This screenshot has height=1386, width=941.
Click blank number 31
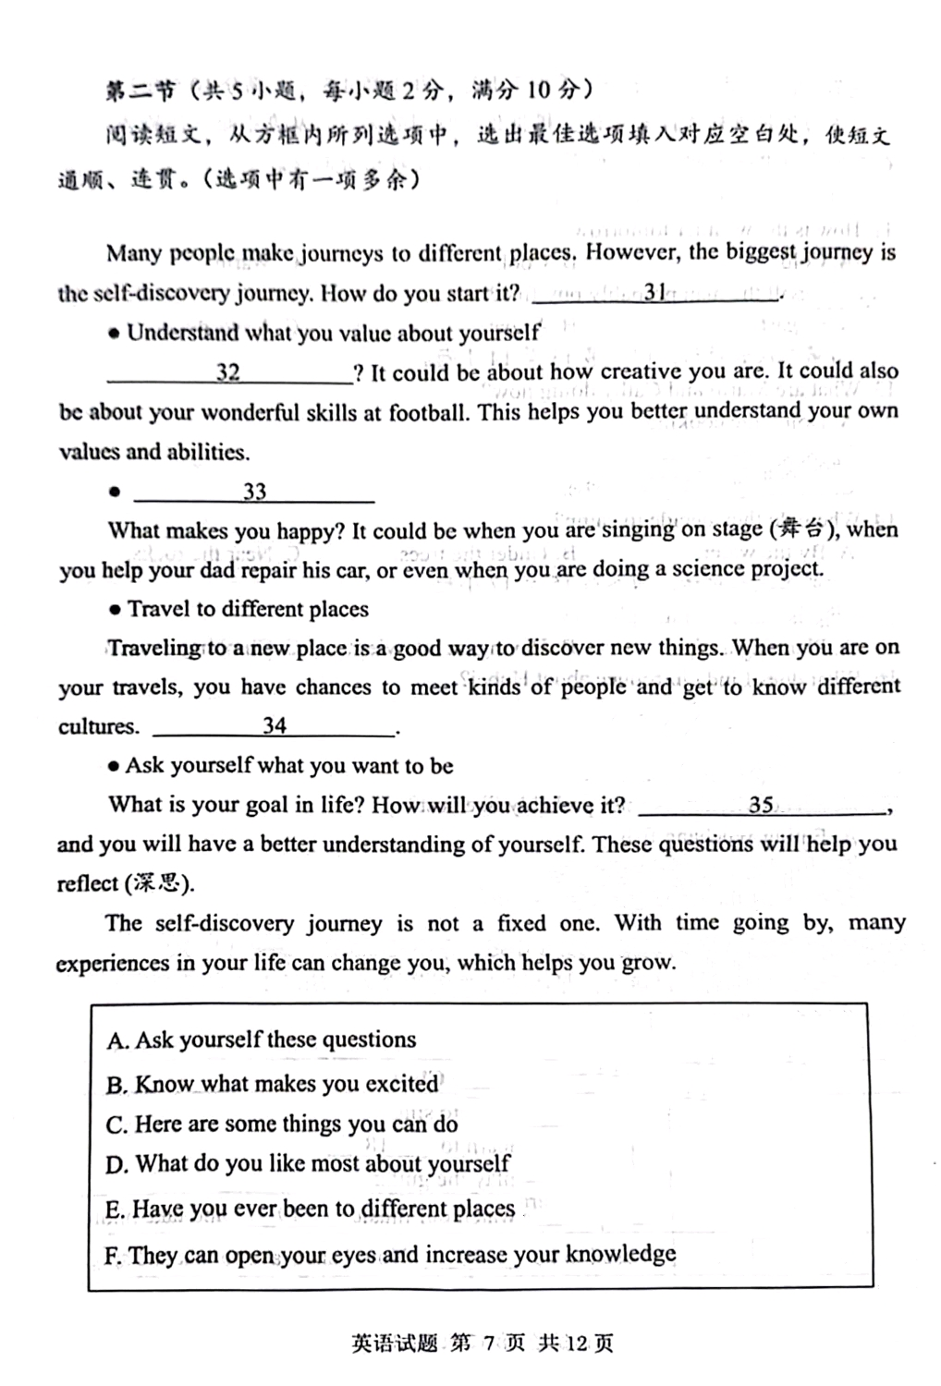(655, 293)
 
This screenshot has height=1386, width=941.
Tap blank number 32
(228, 372)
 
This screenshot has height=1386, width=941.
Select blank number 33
(254, 492)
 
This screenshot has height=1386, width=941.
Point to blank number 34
(275, 726)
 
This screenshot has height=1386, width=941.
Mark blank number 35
(761, 805)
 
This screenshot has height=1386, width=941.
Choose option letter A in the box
(116, 1041)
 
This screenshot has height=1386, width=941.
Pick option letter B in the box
(116, 1085)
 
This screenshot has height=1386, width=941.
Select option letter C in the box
(116, 1125)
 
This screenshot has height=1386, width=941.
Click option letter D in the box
(116, 1165)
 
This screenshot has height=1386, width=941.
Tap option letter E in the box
(115, 1210)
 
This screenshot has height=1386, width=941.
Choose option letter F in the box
(113, 1255)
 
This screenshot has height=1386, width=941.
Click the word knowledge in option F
(620, 1254)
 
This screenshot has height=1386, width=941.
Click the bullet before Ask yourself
(114, 766)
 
